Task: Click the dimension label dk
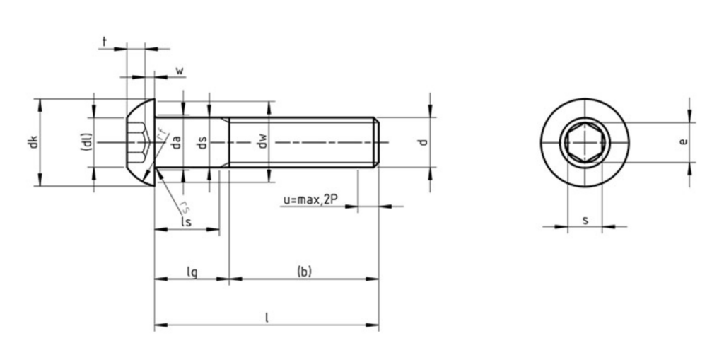pyautogui.click(x=31, y=142)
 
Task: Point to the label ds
pyautogui.click(x=202, y=142)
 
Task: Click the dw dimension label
pyautogui.click(x=262, y=142)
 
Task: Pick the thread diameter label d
pyautogui.click(x=423, y=142)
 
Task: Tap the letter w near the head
pyautogui.click(x=180, y=71)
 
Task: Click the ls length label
pyautogui.click(x=186, y=222)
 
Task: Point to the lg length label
pyautogui.click(x=191, y=271)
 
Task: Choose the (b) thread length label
pyautogui.click(x=304, y=271)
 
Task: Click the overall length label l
pyautogui.click(x=267, y=318)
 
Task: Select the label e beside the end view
pyautogui.click(x=682, y=141)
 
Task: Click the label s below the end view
pyautogui.click(x=585, y=220)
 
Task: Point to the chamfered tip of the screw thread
pyautogui.click(x=377, y=142)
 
